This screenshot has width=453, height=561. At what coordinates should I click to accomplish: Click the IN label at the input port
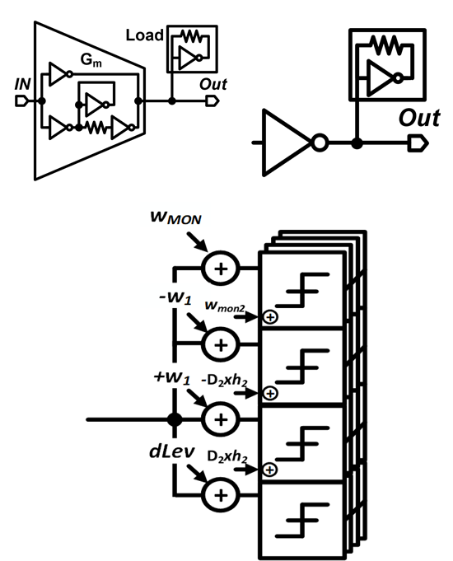tap(22, 84)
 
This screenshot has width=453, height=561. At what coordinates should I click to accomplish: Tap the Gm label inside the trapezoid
tap(91, 60)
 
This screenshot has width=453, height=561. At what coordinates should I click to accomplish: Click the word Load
tap(145, 35)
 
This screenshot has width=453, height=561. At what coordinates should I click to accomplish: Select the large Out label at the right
tap(419, 118)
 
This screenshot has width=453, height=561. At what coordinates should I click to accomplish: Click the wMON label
tap(175, 217)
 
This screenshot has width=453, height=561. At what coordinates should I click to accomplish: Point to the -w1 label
tap(175, 297)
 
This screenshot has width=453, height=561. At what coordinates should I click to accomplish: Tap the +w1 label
tap(172, 377)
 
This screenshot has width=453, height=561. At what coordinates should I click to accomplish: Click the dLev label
tap(172, 451)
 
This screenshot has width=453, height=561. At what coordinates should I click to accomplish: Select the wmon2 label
tap(225, 306)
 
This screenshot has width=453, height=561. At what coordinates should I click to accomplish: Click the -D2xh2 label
tap(224, 381)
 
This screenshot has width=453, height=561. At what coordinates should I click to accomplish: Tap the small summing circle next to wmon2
tap(270, 317)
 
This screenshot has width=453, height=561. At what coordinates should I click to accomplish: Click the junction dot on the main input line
tap(175, 419)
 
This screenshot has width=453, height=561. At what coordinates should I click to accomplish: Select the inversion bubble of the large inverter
tap(320, 143)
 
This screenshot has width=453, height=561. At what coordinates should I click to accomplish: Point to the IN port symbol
tap(21, 101)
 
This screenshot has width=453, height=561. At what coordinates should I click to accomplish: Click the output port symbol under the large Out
tap(418, 143)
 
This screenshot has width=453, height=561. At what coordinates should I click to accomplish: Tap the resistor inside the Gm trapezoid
tap(96, 127)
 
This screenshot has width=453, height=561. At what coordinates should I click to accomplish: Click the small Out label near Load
tap(213, 84)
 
